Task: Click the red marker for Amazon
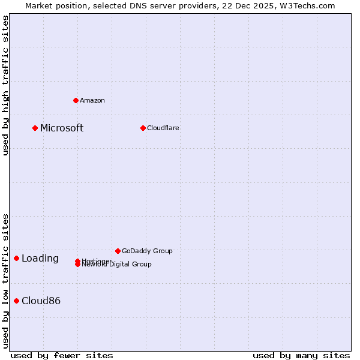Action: (x=76, y=100)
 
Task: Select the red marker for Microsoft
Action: (x=35, y=128)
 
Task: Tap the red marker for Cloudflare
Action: (x=143, y=128)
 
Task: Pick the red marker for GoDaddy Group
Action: (x=118, y=251)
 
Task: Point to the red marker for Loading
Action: (x=17, y=258)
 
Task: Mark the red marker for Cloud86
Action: (x=17, y=301)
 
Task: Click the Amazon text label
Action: (x=92, y=100)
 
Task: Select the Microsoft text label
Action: (x=62, y=128)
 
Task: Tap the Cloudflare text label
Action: (x=163, y=128)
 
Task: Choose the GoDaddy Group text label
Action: (x=147, y=251)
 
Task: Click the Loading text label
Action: (x=40, y=259)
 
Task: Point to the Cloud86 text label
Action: (x=41, y=301)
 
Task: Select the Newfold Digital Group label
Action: (x=117, y=265)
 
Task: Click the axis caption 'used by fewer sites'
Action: (x=62, y=355)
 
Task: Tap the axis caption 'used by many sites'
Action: (x=301, y=355)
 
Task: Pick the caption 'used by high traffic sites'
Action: (x=6, y=85)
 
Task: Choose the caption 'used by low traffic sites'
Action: (x=6, y=281)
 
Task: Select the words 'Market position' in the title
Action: (x=52, y=5)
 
